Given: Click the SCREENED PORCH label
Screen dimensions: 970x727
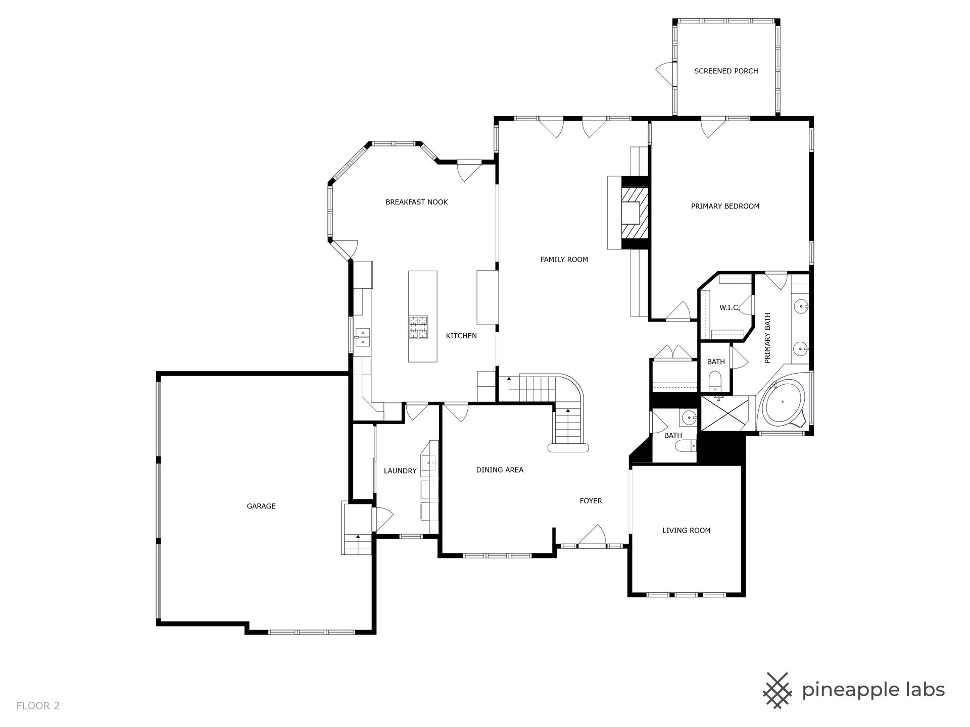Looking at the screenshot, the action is coord(726,71).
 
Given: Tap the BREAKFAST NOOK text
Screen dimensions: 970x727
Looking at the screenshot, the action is coord(417,202).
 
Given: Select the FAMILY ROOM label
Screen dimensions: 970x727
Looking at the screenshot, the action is coord(564,259).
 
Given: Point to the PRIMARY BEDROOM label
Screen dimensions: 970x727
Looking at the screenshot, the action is coord(725,206).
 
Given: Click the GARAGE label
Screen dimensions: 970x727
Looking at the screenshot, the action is coord(261,506).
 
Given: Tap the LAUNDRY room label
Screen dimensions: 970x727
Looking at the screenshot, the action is coord(400,471).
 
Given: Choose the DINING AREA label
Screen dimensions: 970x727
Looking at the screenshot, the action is coord(500,470).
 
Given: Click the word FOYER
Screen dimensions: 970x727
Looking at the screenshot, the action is coord(591,501).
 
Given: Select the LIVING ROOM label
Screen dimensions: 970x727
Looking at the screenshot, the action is coord(687,530).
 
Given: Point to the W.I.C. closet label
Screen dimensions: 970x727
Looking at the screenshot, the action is coord(730,307).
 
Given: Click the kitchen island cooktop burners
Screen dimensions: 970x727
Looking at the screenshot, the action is coord(418,327).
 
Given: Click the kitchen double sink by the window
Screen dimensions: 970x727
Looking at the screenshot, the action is coord(363,337).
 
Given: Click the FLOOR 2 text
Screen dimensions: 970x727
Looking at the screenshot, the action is coord(38,706).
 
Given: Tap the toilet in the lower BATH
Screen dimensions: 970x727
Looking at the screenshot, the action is coord(687,446).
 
